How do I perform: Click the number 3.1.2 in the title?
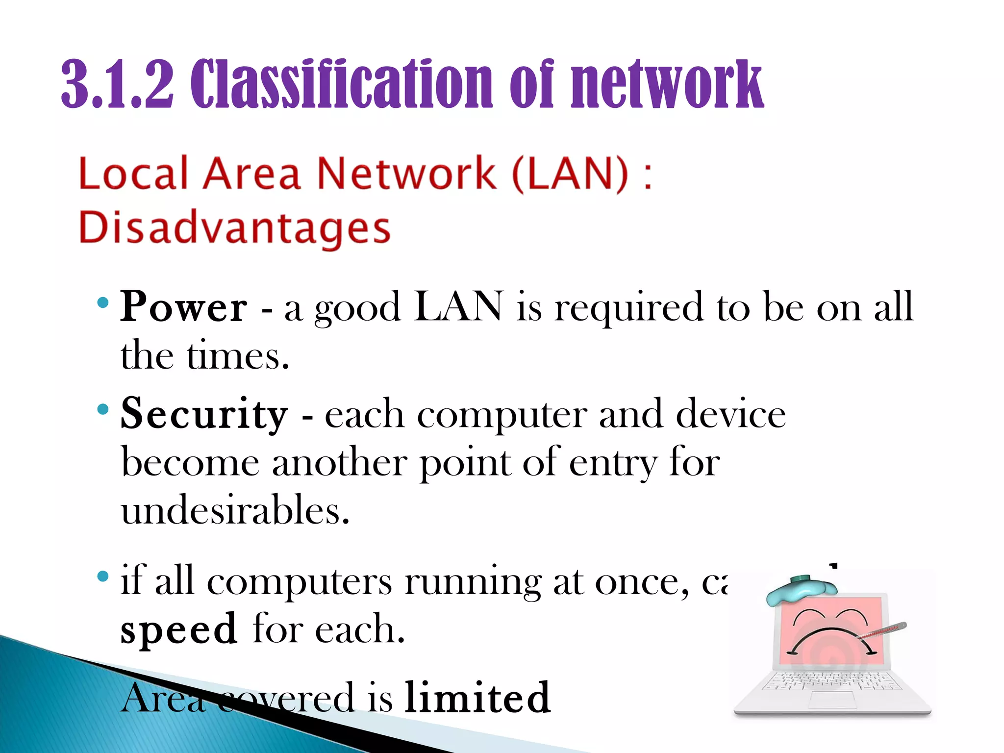pos(117,84)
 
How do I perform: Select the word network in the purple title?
pos(667,84)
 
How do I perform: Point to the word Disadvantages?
pos(234,228)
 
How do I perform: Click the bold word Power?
pos(184,307)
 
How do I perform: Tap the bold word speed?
pos(179,629)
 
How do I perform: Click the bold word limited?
pos(477,698)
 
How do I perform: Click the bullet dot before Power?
pos(102,302)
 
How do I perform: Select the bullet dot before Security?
pos(102,409)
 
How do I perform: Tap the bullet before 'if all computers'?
pos(102,576)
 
